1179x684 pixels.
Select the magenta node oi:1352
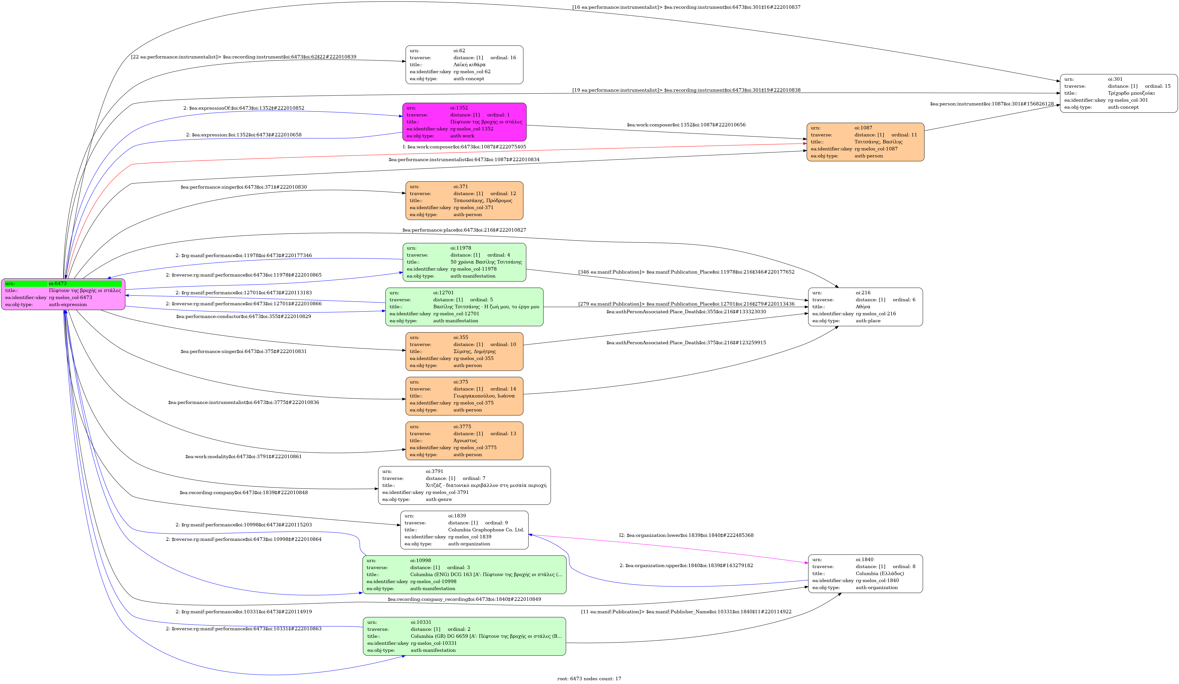[464, 122]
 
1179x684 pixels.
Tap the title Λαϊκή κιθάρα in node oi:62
[469, 64]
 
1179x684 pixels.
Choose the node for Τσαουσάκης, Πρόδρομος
[464, 201]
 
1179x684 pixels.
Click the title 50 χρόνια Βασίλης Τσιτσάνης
[486, 262]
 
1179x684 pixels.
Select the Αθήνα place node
[865, 307]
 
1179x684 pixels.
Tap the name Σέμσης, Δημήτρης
[474, 351]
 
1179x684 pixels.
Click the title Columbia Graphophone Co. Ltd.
[486, 530]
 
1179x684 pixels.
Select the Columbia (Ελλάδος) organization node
[865, 574]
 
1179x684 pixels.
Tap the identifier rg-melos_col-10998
[433, 582]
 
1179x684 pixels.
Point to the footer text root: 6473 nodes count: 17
[589, 679]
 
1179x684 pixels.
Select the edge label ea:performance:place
[464, 230]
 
